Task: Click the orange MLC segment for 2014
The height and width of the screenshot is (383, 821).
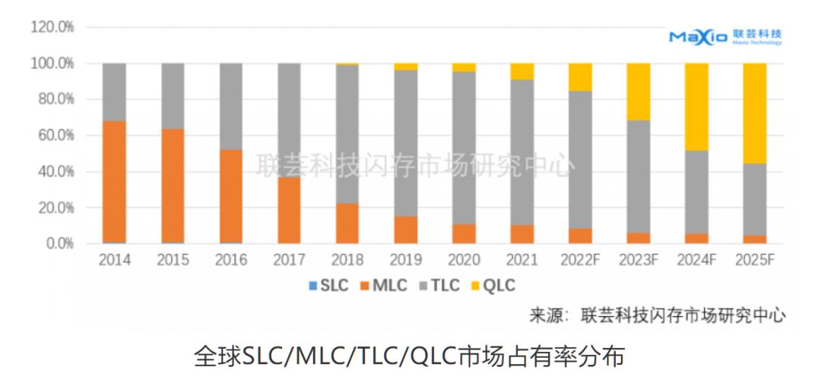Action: coord(114,182)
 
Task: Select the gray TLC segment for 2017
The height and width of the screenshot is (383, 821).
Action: coord(289,120)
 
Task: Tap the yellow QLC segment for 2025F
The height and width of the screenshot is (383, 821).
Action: coord(754,113)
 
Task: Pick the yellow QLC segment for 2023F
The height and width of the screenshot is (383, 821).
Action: coord(638,92)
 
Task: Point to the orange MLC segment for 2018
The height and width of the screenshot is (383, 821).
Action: coord(347,223)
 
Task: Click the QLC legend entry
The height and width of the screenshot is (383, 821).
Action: coord(493,286)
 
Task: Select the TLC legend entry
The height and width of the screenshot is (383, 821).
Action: coord(439,286)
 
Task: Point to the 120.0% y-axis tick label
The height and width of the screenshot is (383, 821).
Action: coord(52,27)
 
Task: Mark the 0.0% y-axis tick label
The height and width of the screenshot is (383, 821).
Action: coord(59,244)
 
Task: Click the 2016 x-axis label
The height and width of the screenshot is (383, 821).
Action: coord(231,261)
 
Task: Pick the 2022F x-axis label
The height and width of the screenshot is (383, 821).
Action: coord(580,261)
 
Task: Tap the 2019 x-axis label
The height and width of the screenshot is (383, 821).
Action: coord(405,261)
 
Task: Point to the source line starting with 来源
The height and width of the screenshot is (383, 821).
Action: coord(657,315)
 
